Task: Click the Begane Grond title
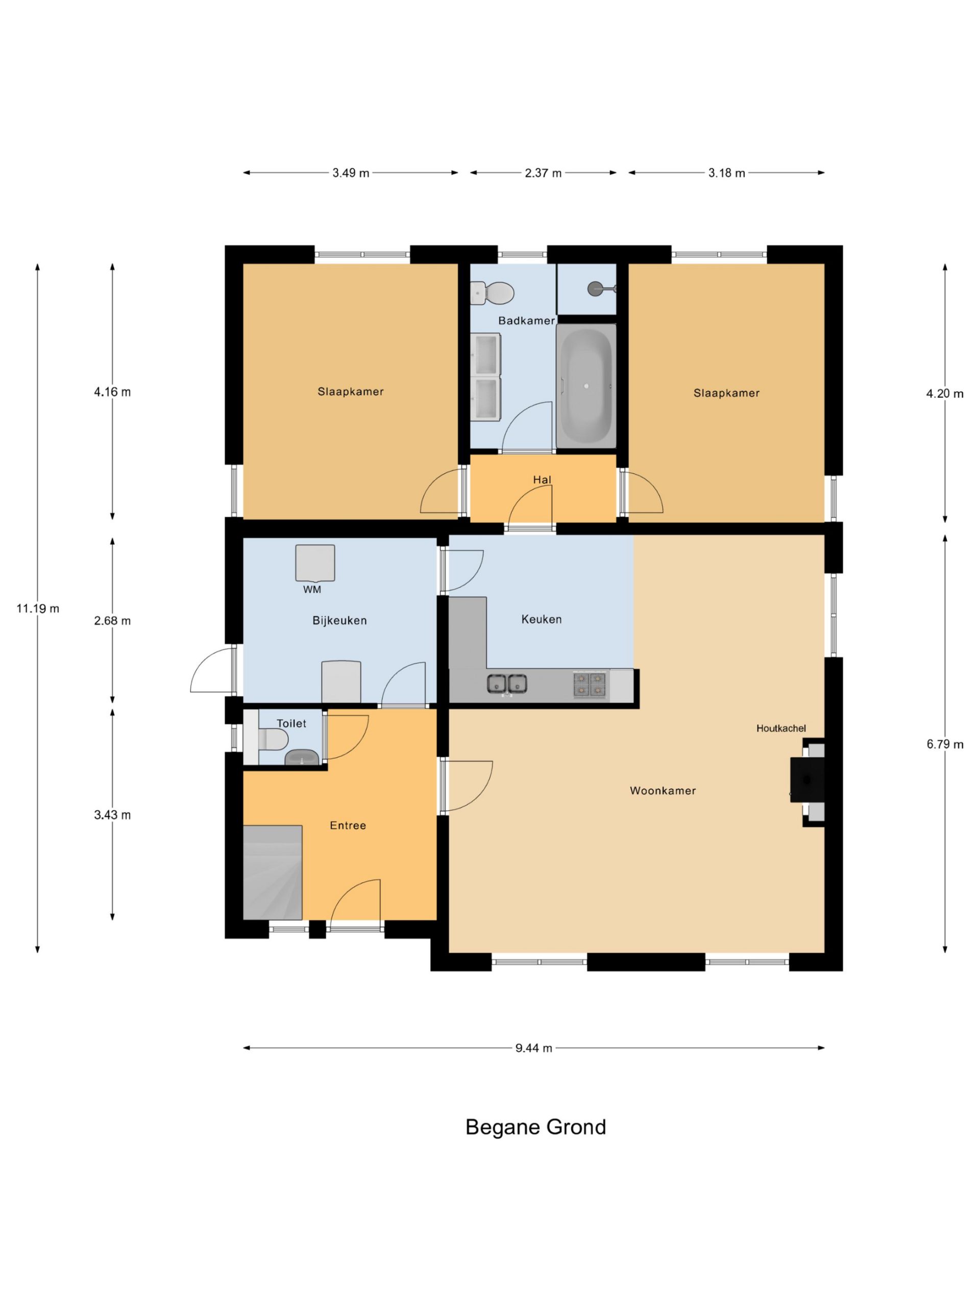coord(535,1127)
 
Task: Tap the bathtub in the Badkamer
coord(586,385)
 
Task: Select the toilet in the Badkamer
coord(493,293)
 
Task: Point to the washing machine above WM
coord(315,563)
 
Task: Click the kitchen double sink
coord(507,683)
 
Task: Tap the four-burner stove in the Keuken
coord(590,684)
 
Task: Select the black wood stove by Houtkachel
coord(807,780)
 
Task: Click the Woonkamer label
coord(663,790)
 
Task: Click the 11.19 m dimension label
coord(38,609)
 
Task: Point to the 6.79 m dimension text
coord(945,744)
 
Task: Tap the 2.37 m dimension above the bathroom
coord(543,173)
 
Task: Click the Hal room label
coord(542,480)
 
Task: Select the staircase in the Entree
coord(273,872)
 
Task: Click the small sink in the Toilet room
coord(302,757)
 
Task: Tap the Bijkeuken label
coord(339,620)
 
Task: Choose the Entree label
coord(348,826)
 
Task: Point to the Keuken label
coord(542,619)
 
